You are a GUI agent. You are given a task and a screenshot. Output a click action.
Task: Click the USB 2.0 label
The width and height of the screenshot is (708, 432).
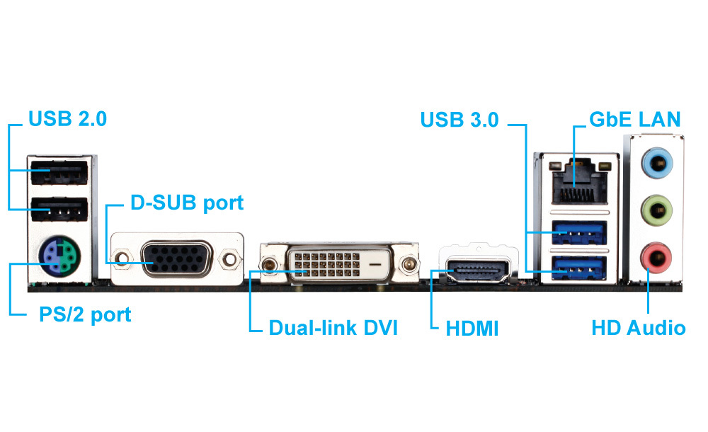click(x=67, y=119)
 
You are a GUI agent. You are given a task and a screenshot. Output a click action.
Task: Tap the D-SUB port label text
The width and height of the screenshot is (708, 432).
click(x=187, y=203)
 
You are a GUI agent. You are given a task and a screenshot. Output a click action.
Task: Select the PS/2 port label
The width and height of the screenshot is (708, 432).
click(x=85, y=314)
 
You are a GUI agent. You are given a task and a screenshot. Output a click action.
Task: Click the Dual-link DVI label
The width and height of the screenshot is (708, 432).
click(x=333, y=329)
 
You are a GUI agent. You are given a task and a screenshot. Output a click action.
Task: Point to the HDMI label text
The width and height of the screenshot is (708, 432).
click(x=472, y=329)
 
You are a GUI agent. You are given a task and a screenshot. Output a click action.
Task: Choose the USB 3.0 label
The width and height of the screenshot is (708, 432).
click(x=459, y=119)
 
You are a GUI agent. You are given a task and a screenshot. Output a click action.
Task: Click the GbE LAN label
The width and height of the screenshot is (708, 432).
click(x=636, y=119)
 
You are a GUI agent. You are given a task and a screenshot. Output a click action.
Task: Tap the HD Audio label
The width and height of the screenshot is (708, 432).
click(x=638, y=328)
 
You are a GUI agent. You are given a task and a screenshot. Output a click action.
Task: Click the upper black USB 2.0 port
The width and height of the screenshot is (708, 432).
click(x=59, y=174)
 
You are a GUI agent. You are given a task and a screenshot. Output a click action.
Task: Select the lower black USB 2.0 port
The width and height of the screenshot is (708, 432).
click(x=59, y=210)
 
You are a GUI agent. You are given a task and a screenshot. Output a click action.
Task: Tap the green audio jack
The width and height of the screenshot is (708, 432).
click(x=656, y=209)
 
